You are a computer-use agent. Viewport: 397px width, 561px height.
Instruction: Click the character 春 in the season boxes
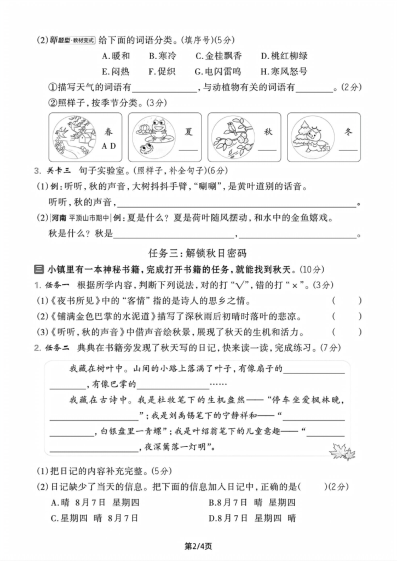(109, 132)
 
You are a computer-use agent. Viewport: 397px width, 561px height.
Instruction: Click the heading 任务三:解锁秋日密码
(198, 253)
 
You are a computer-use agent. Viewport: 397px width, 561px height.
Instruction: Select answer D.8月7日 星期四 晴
(252, 518)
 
